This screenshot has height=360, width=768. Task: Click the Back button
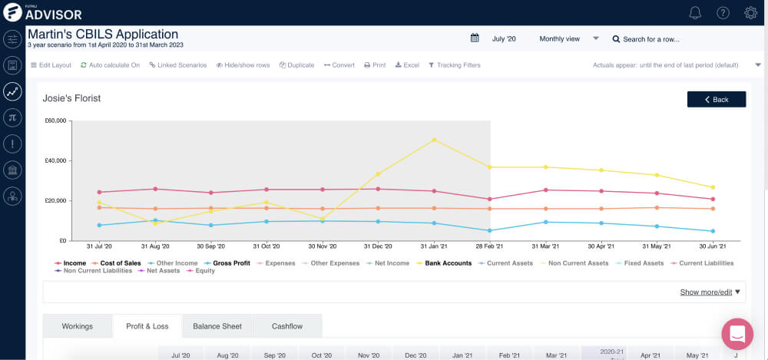[x=716, y=100]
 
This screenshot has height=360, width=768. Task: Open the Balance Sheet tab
[x=217, y=326]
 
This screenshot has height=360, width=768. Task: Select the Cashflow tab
[x=287, y=326]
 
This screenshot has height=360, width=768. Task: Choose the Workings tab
[x=77, y=326]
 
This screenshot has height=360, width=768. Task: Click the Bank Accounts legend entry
[x=448, y=263]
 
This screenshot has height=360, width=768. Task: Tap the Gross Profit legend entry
[x=231, y=263]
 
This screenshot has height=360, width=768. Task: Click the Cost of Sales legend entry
[x=120, y=263]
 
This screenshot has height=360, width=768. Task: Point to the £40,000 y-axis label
[x=55, y=161]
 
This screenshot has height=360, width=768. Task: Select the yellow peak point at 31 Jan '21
[x=435, y=140]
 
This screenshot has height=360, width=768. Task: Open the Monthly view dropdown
[x=569, y=38]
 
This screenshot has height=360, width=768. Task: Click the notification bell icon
[x=695, y=12]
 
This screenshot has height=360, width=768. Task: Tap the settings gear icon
[x=751, y=12]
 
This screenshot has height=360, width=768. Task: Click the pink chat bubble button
[x=737, y=334]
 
